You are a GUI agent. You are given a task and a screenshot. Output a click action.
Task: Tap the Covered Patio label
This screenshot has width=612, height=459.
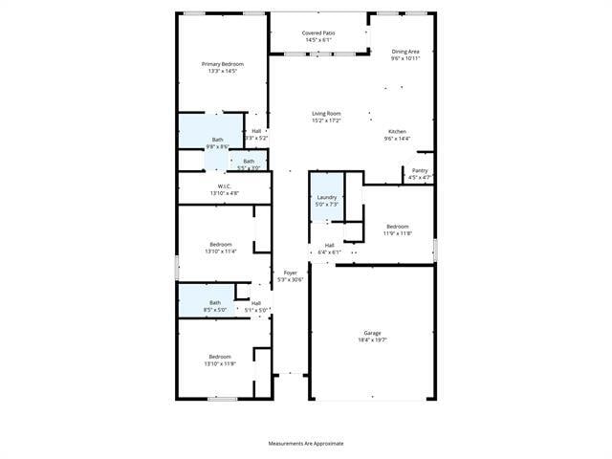coord(318,36)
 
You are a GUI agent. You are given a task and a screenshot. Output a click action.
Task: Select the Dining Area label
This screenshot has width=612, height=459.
coord(406,55)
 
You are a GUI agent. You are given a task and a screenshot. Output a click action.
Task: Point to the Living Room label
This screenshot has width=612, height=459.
coord(326,117)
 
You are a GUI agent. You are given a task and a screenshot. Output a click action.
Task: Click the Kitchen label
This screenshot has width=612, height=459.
coord(397,135)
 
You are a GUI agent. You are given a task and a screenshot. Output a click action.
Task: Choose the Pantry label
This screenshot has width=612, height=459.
coord(420,173)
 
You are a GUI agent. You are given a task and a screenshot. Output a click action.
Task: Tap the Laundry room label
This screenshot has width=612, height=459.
coord(327,200)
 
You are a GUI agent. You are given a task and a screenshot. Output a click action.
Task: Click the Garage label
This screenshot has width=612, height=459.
coord(372,337)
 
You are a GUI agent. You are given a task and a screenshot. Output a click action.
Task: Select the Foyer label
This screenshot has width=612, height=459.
coord(290,275)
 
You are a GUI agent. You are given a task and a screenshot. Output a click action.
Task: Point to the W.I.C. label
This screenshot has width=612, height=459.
coord(225,189)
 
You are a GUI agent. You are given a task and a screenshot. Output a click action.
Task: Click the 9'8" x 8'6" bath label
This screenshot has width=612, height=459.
coord(217,142)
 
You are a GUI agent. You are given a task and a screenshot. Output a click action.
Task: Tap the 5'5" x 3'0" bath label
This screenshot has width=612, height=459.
coord(249,164)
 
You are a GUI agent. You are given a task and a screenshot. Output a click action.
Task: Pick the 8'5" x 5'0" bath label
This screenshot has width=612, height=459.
coord(215,306)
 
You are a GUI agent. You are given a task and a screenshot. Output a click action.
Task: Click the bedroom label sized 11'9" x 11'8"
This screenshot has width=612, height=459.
coord(398,229)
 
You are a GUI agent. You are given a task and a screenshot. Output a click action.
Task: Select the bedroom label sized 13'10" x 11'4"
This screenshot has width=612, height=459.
coord(220,248)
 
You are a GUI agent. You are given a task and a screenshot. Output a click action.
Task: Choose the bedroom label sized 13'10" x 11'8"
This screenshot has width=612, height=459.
coord(220,360)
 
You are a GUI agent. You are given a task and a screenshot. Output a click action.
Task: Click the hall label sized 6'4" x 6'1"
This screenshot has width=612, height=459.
coord(329,248)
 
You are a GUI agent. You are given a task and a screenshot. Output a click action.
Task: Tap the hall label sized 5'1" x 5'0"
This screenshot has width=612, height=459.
coord(256,306)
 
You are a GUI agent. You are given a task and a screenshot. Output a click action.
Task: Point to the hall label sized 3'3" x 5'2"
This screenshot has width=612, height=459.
coord(256,135)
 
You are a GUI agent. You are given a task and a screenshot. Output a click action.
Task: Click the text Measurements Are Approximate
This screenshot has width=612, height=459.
coord(306,443)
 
